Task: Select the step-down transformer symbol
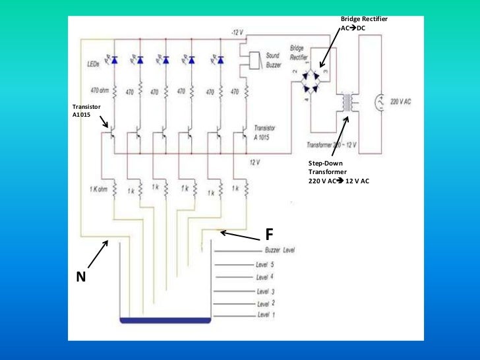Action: pyautogui.click(x=345, y=103)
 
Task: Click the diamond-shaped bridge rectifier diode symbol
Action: pyautogui.click(x=315, y=84)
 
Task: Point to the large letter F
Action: pyautogui.click(x=269, y=235)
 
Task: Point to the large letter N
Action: pyautogui.click(x=81, y=278)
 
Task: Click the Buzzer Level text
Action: pyautogui.click(x=279, y=251)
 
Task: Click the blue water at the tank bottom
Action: pyautogui.click(x=165, y=320)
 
